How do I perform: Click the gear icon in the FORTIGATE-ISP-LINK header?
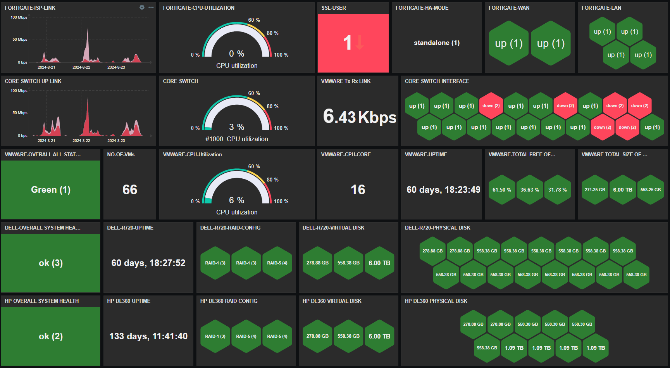(142, 7)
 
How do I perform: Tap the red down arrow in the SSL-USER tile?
(360, 42)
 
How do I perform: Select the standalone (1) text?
(437, 43)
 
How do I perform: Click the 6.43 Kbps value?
(359, 117)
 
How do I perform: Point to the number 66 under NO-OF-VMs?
(130, 190)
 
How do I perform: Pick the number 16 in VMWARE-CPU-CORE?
(358, 190)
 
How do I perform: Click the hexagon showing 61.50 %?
(502, 190)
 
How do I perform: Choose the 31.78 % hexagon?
(557, 190)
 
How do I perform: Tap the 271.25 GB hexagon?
(595, 190)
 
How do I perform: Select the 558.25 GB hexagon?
(651, 190)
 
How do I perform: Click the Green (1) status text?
(51, 190)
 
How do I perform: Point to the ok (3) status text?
(51, 263)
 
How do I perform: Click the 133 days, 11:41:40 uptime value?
(148, 336)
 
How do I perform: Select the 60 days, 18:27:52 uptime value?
(148, 263)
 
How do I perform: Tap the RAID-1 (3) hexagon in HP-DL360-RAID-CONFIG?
(215, 336)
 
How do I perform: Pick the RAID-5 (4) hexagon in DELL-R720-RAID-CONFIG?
(277, 263)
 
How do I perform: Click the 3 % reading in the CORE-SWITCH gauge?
(236, 127)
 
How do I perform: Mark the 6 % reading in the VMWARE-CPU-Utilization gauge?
(236, 200)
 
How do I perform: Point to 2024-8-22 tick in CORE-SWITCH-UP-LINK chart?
(81, 140)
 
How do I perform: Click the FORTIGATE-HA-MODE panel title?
(422, 8)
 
